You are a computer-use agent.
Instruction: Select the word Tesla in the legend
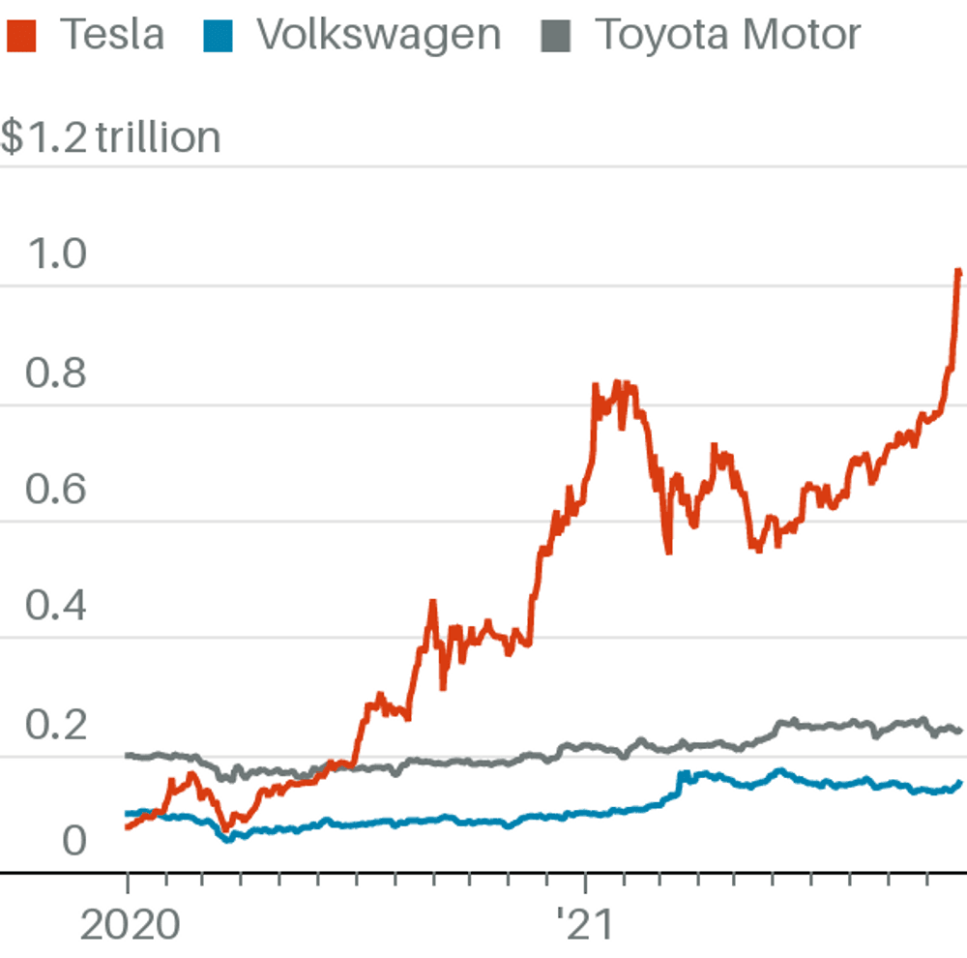112,36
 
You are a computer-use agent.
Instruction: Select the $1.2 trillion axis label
110,137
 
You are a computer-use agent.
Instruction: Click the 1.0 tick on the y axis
57,255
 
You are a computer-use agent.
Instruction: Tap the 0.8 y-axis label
57,374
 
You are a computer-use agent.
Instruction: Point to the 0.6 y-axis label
57,490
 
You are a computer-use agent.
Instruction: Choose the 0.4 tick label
57,607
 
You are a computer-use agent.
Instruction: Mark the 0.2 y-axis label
57,725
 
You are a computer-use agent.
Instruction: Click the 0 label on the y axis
74,841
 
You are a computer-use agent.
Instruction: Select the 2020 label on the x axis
130,926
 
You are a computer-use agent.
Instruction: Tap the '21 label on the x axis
586,926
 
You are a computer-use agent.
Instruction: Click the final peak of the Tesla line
958,272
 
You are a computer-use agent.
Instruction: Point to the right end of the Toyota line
960,731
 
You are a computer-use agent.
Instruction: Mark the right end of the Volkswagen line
960,783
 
